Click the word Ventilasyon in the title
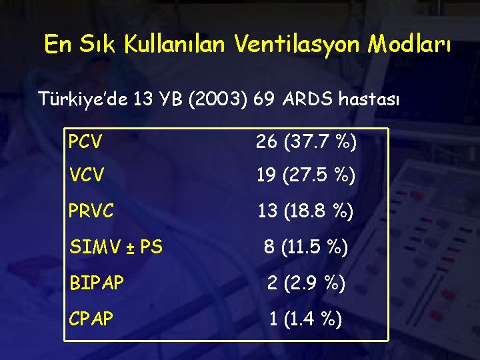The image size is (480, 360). pyautogui.click(x=295, y=45)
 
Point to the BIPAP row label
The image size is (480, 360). pyautogui.click(x=96, y=284)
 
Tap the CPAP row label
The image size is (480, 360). pyautogui.click(x=90, y=319)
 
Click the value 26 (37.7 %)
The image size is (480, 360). pyautogui.click(x=306, y=141)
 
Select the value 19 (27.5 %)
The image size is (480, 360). pyautogui.click(x=306, y=177)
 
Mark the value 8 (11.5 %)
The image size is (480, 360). pyautogui.click(x=306, y=248)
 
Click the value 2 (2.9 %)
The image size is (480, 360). pyautogui.click(x=306, y=284)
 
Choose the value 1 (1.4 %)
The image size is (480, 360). pyautogui.click(x=306, y=319)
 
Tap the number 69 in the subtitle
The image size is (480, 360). pyautogui.click(x=265, y=100)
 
